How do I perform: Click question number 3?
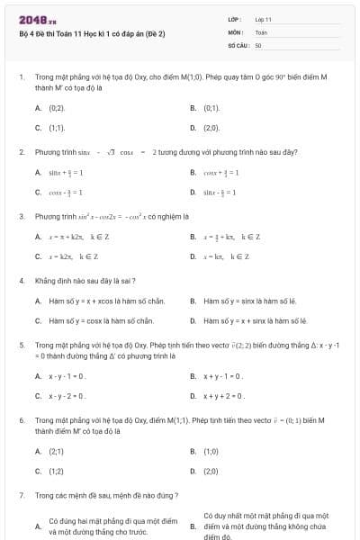click(21, 216)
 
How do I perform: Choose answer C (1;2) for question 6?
click(56, 471)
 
